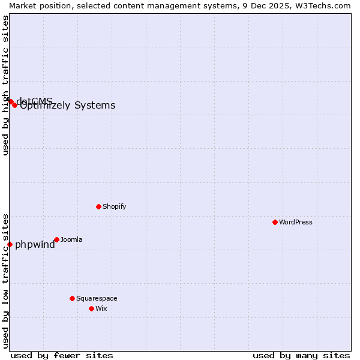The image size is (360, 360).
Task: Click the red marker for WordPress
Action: [275, 222]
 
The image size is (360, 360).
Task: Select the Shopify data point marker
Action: [98, 206]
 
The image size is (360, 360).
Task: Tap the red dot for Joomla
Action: [56, 239]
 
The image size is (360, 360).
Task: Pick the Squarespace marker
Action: [72, 298]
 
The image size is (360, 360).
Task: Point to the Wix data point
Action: [91, 308]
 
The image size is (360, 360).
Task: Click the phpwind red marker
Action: [10, 244]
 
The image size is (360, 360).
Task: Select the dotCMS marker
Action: [10, 101]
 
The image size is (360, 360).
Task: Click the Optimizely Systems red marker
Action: [14, 105]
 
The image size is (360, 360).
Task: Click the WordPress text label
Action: [296, 222]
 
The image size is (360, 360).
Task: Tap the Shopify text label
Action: [115, 206]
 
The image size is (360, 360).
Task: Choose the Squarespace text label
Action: [97, 298]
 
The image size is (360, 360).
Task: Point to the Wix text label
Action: [101, 308]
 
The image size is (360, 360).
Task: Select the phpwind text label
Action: [35, 244]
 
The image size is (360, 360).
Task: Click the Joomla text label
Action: [71, 239]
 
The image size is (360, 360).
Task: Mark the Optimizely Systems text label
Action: [68, 106]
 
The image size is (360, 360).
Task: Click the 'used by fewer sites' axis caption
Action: [62, 355]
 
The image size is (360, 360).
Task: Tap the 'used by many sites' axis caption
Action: [301, 355]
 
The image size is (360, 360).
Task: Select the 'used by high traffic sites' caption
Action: [5, 85]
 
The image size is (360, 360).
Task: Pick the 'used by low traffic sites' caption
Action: [5, 280]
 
